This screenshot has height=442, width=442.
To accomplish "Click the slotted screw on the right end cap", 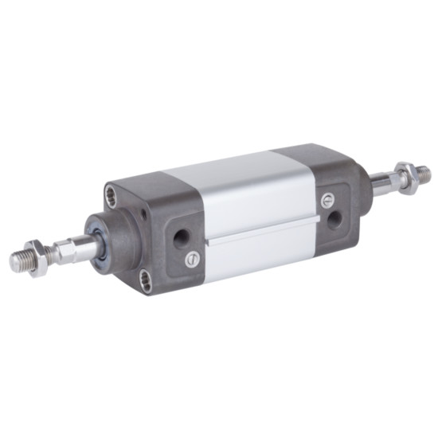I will click(x=325, y=198).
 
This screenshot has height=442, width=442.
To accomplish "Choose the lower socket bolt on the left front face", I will click(x=145, y=278).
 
